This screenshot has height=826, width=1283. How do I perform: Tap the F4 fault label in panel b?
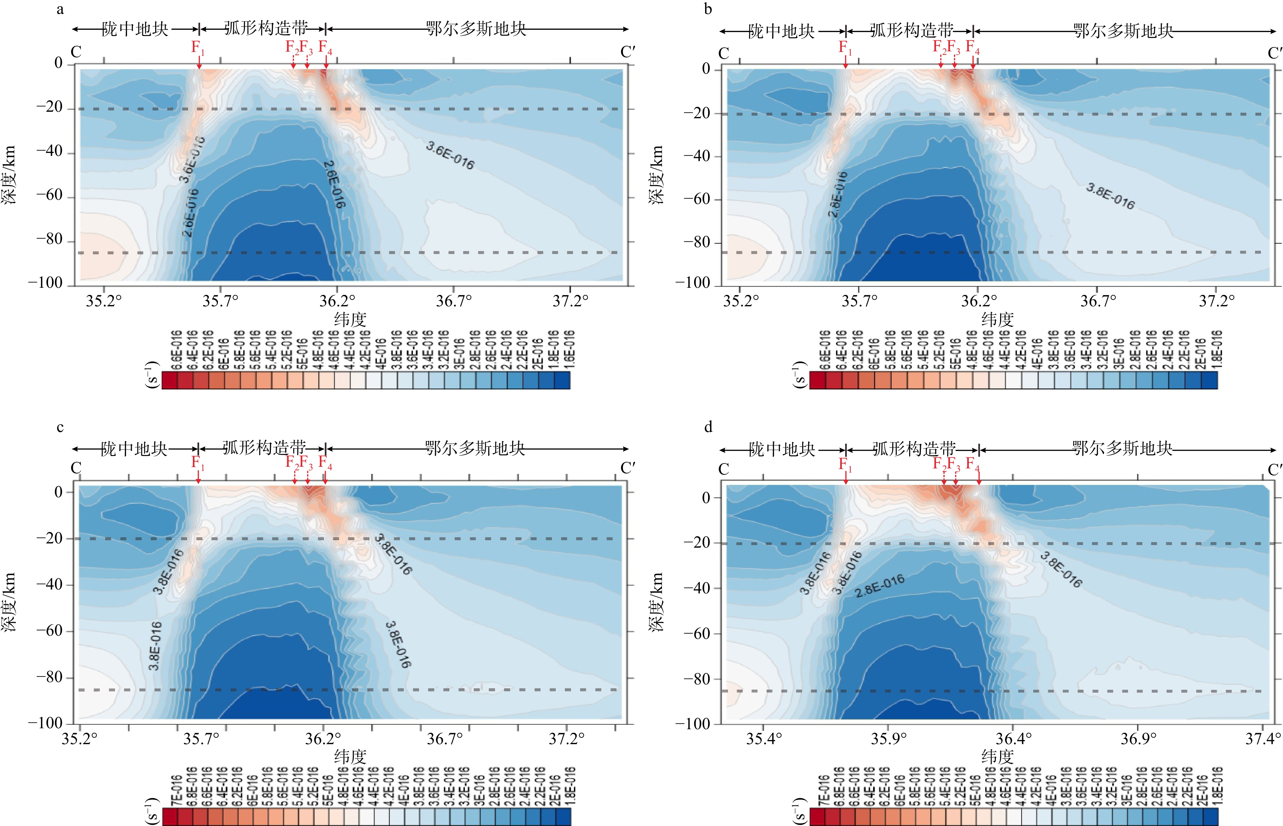click(x=972, y=47)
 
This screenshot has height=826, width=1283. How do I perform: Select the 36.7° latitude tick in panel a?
click(x=454, y=300)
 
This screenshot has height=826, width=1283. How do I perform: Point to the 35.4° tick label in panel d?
click(x=764, y=739)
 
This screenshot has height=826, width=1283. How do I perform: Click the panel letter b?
click(x=708, y=9)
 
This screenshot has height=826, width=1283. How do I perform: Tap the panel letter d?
click(x=708, y=427)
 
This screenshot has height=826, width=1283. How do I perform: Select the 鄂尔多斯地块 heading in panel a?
click(x=476, y=29)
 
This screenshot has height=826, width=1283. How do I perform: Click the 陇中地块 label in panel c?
click(x=134, y=448)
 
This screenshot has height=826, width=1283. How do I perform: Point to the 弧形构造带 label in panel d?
click(x=913, y=448)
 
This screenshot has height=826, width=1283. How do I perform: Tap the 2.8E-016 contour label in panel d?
click(x=879, y=586)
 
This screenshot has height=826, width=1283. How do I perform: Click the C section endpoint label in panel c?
click(x=76, y=468)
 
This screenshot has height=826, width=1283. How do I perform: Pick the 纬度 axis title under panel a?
click(x=350, y=320)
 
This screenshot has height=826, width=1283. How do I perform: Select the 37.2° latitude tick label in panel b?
click(x=1216, y=300)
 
